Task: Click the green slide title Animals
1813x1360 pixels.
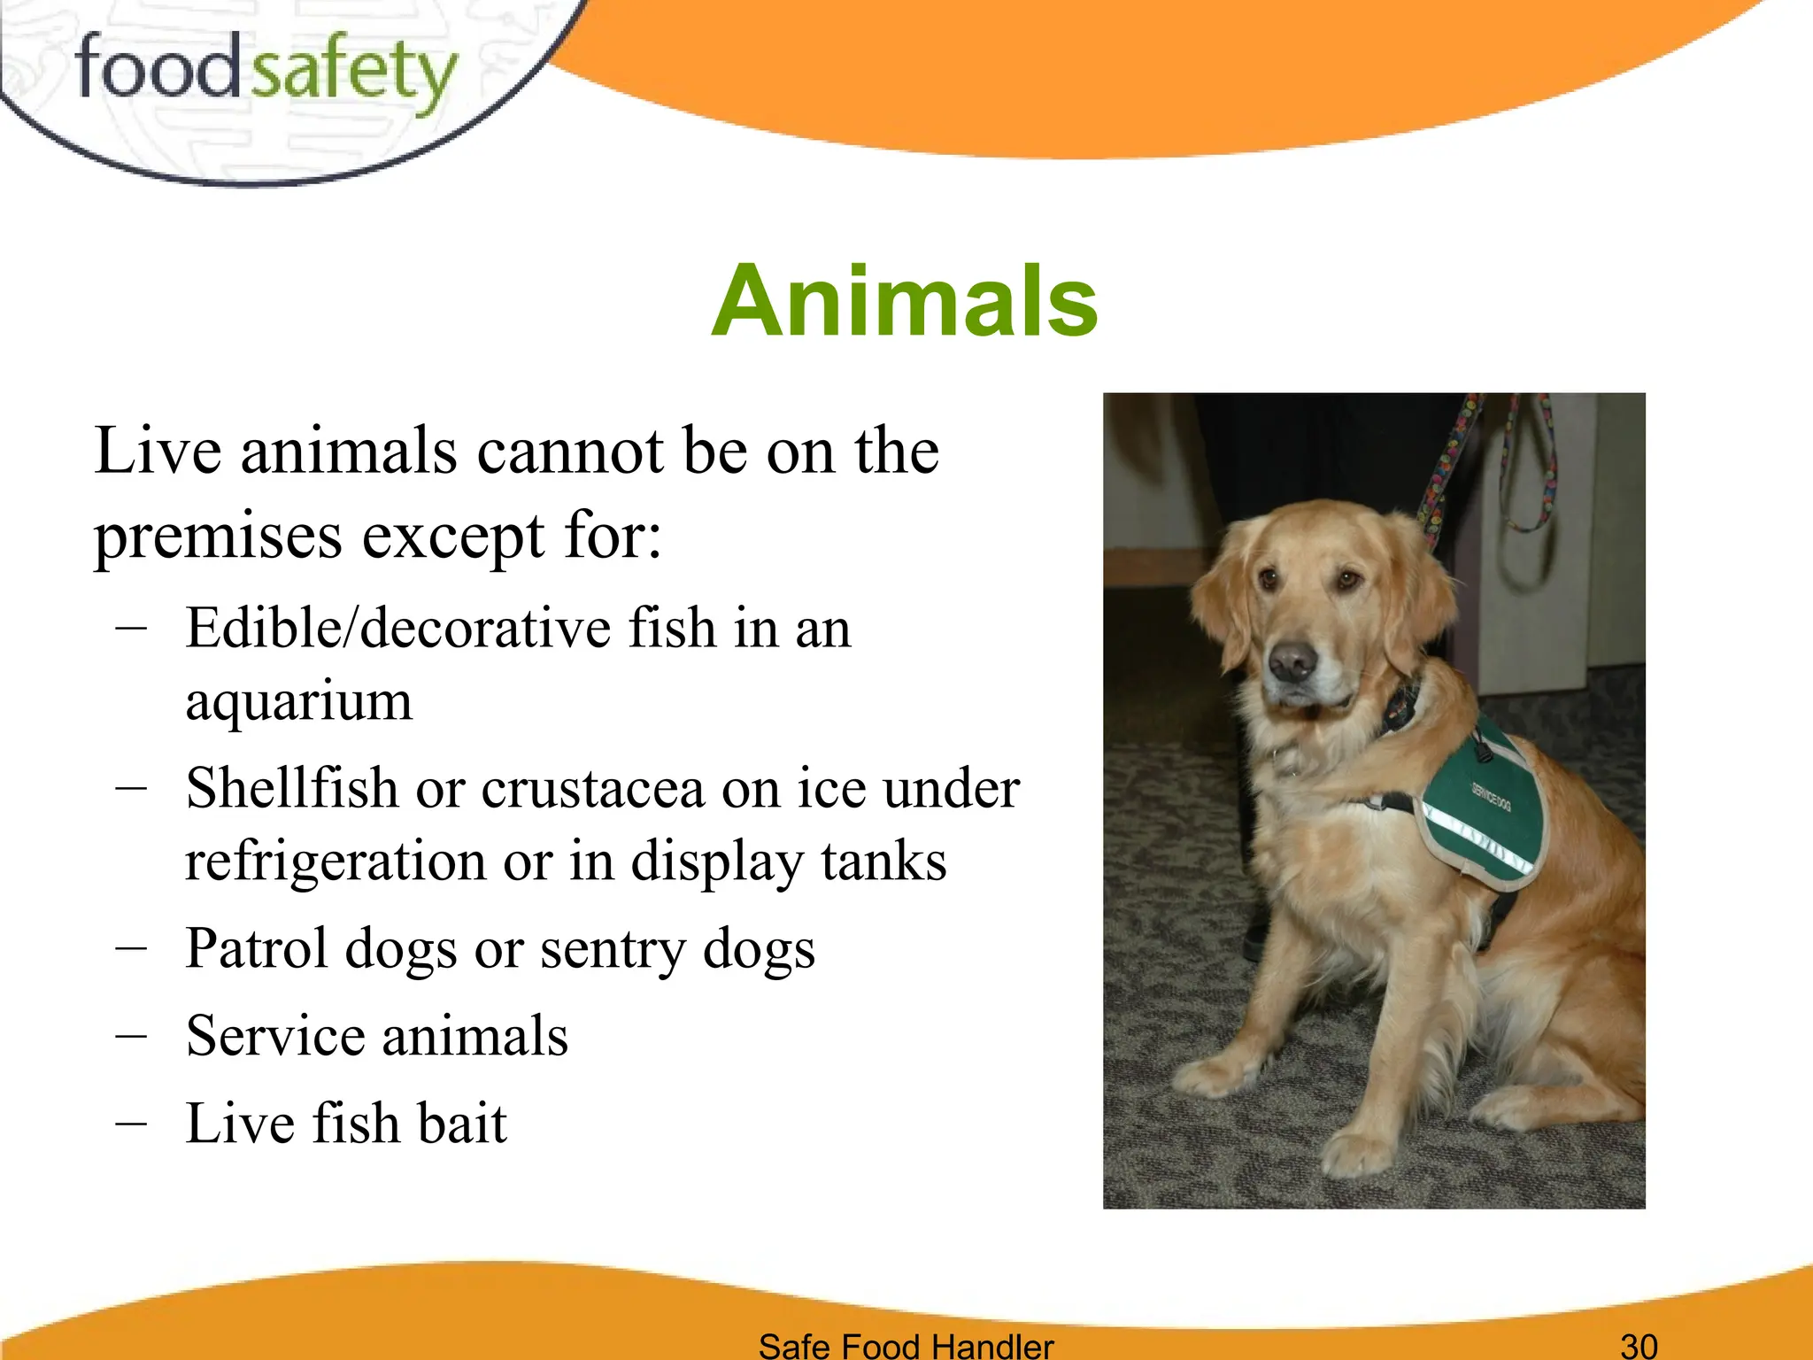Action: pyautogui.click(x=904, y=302)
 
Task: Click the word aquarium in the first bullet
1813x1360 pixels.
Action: pyautogui.click(x=298, y=701)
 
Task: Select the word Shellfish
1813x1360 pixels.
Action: pyautogui.click(x=291, y=788)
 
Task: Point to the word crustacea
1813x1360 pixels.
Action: pyautogui.click(x=591, y=788)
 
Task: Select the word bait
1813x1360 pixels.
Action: pyautogui.click(x=461, y=1124)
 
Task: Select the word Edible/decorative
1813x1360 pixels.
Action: pyautogui.click(x=397, y=629)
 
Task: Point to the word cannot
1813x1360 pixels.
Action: pyautogui.click(x=569, y=452)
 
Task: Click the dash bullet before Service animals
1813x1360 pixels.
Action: pyautogui.click(x=131, y=1035)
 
